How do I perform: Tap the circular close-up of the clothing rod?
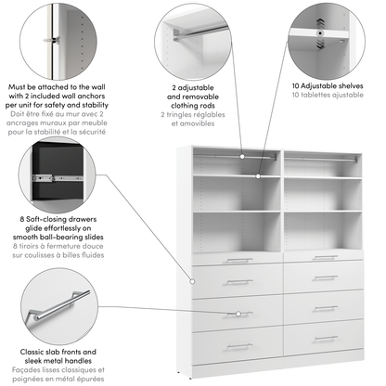tap(193, 39)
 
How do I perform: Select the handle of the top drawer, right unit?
tap(325, 257)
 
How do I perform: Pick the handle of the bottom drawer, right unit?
tap(325, 338)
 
